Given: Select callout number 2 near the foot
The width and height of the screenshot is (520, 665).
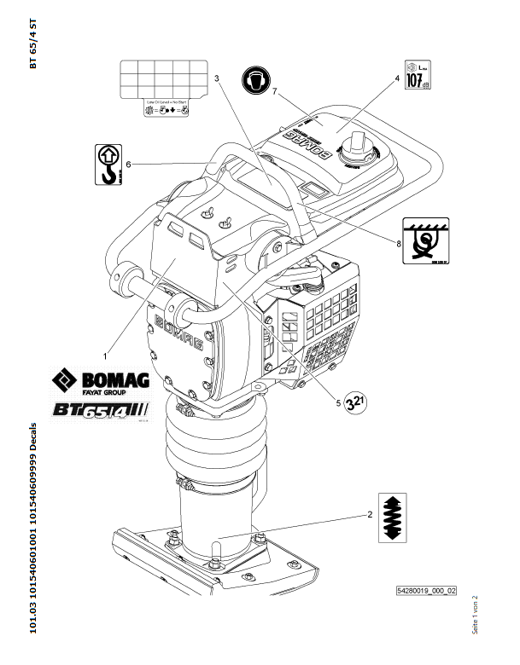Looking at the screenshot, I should coord(370,514).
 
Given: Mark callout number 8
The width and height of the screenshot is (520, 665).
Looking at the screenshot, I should coord(398,243).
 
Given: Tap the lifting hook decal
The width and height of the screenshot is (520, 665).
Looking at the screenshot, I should coord(108,165).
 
